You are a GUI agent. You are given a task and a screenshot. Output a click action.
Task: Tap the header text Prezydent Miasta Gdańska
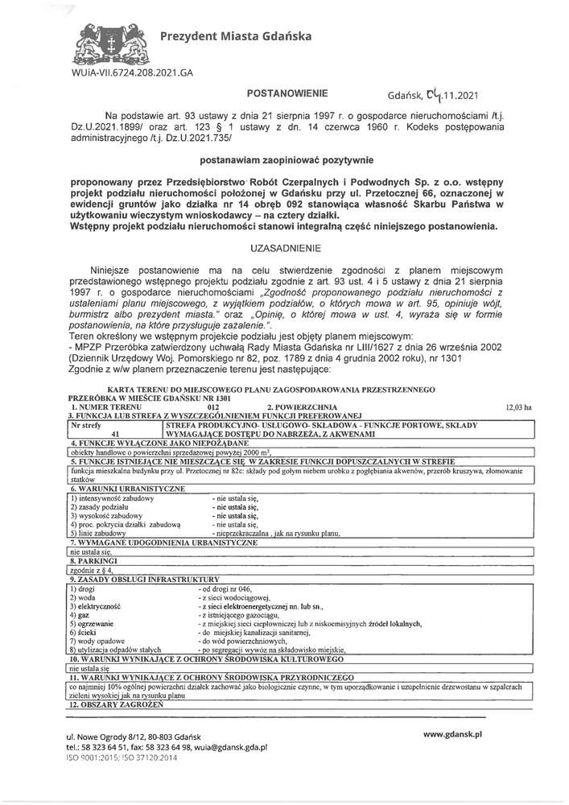tap(225, 35)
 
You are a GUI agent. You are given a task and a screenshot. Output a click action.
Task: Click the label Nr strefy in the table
tap(86, 423)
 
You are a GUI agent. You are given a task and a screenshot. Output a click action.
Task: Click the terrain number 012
tap(213, 408)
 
